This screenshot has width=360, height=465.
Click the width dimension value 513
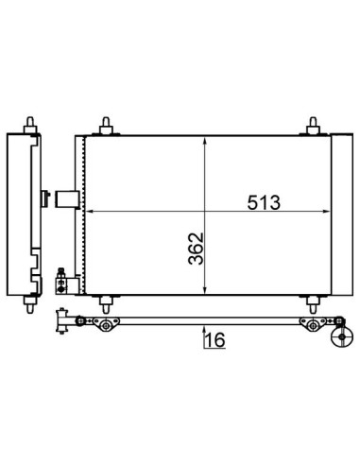264,202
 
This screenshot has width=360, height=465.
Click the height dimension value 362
196,249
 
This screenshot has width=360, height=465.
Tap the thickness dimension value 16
215,340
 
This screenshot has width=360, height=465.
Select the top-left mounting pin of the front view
106,126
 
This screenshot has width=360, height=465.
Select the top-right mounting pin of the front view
313,126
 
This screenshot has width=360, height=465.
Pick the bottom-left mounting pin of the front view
106,304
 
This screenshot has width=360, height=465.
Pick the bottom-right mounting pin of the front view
313,304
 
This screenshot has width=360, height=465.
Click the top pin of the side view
30,126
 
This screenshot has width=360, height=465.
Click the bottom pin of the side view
30,304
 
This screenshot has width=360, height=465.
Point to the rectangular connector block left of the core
67,199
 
